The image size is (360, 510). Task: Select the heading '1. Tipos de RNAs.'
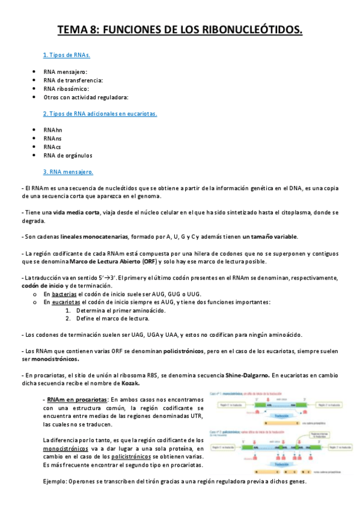pos(66,55)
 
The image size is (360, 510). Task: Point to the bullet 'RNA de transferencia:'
pos(73,80)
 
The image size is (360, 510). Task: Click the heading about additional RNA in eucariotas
pos(100,113)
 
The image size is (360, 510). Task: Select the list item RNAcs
pos(52,147)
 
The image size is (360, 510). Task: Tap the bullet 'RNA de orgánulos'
pos(68,155)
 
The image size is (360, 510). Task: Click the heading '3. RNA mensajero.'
pos(68,172)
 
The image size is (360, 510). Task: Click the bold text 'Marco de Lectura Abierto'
pos(105,262)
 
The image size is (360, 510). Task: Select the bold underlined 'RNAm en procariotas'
pos(75,399)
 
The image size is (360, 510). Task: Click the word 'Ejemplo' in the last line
pos(54,482)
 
